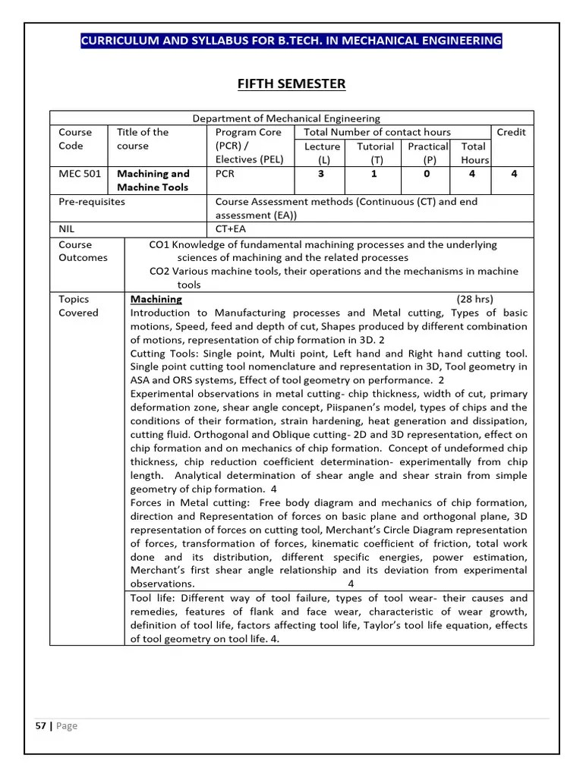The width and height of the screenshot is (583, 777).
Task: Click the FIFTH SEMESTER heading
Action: click(x=291, y=83)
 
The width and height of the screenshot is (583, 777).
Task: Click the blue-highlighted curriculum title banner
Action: click(x=291, y=40)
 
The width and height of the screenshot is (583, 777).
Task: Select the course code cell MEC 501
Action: click(x=80, y=174)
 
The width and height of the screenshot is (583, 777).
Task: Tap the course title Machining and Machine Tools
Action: click(x=153, y=181)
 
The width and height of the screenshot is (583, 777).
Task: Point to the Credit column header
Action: click(x=511, y=132)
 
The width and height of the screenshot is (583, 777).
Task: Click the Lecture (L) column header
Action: click(x=322, y=153)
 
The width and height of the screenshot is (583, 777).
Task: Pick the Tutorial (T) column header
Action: click(x=375, y=153)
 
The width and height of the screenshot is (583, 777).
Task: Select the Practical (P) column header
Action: click(x=428, y=153)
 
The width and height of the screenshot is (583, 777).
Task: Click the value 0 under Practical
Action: click(x=427, y=174)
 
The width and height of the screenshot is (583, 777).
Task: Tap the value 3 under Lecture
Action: click(x=321, y=174)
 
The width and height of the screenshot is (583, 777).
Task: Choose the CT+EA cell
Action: click(x=231, y=228)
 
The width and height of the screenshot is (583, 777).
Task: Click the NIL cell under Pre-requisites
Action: click(x=68, y=228)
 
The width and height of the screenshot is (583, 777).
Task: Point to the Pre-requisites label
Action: click(x=92, y=202)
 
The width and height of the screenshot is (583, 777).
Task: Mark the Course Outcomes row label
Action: click(x=84, y=251)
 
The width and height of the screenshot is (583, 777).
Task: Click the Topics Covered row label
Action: click(x=79, y=306)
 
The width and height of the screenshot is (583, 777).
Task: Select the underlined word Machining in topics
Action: click(x=156, y=299)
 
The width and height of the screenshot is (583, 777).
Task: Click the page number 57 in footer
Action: click(x=40, y=725)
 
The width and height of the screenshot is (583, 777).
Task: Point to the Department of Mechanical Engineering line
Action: click(x=286, y=118)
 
